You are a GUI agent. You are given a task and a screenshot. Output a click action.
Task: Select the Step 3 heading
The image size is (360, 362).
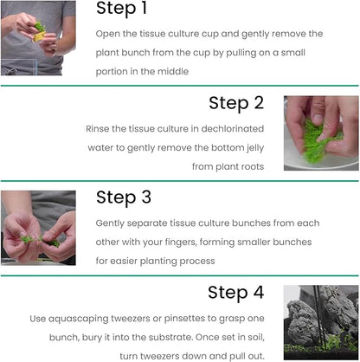[x=124, y=197]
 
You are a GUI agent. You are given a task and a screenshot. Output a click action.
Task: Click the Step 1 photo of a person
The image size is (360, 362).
[x=37, y=38]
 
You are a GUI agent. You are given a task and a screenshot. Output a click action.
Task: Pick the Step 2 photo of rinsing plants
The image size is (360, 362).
[x=320, y=133]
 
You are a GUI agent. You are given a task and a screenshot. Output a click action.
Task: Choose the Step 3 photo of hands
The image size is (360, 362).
[x=37, y=227]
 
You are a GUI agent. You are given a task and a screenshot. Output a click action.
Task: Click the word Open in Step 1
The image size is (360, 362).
[x=110, y=34]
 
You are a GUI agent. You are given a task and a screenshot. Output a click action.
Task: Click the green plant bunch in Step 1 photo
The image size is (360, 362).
[x=40, y=28]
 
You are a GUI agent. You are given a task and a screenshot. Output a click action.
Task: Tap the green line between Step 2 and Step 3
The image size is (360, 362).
[x=180, y=180]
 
